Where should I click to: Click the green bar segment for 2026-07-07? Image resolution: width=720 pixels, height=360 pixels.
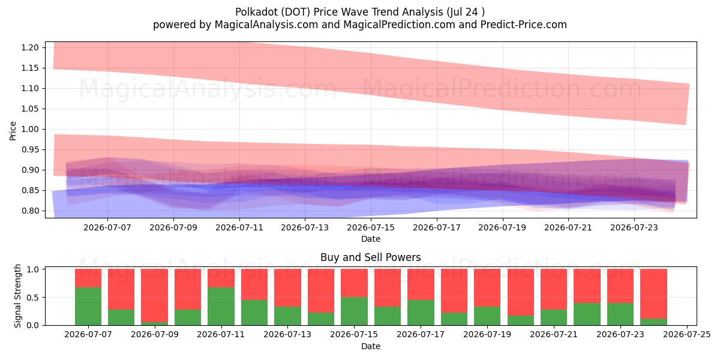click(x=88, y=306)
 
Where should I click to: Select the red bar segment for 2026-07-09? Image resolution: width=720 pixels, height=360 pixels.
click(x=155, y=295)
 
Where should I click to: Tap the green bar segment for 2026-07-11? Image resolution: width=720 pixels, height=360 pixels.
click(x=221, y=306)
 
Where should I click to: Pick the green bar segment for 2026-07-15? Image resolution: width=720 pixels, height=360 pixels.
click(x=354, y=311)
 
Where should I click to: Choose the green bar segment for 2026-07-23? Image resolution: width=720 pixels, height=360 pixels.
click(x=620, y=314)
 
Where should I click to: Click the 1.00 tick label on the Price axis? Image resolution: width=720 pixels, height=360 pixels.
click(x=29, y=129)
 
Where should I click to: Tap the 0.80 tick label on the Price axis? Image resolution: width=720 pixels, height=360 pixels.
click(x=29, y=211)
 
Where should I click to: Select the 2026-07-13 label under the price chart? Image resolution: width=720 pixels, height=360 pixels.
click(x=305, y=227)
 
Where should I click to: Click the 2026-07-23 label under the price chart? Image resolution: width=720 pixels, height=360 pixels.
click(x=634, y=227)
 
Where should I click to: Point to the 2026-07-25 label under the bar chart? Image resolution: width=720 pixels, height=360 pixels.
click(x=687, y=335)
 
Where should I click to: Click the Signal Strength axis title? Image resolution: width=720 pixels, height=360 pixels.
click(x=17, y=296)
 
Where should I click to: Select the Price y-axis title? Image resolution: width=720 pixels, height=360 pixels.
click(x=13, y=131)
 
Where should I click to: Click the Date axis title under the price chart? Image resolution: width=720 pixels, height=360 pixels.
click(x=371, y=239)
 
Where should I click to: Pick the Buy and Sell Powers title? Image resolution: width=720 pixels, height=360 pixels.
click(x=371, y=257)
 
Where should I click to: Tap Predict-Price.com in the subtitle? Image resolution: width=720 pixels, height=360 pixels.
click(x=524, y=25)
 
